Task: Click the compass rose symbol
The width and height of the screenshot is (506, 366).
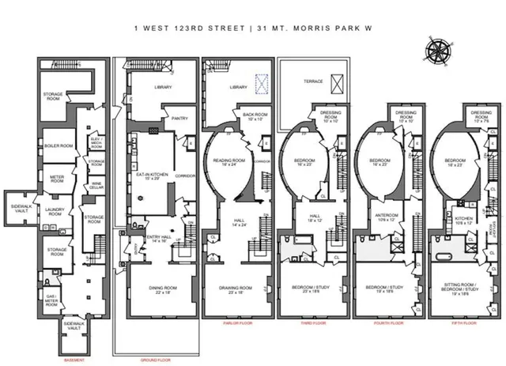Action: [x=436, y=50]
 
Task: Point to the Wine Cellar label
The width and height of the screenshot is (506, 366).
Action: [x=96, y=187]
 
